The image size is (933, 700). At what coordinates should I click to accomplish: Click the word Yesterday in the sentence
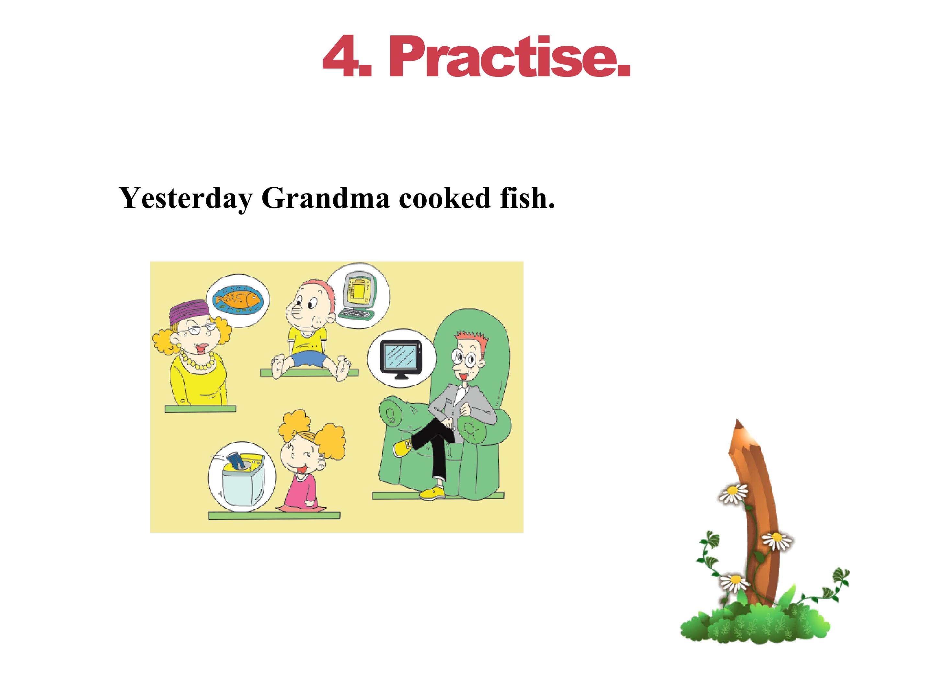tap(186, 198)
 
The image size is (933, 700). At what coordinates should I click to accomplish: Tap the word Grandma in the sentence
tap(325, 198)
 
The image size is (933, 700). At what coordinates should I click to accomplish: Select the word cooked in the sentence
tap(445, 198)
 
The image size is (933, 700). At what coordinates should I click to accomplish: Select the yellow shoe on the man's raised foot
tap(403, 447)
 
